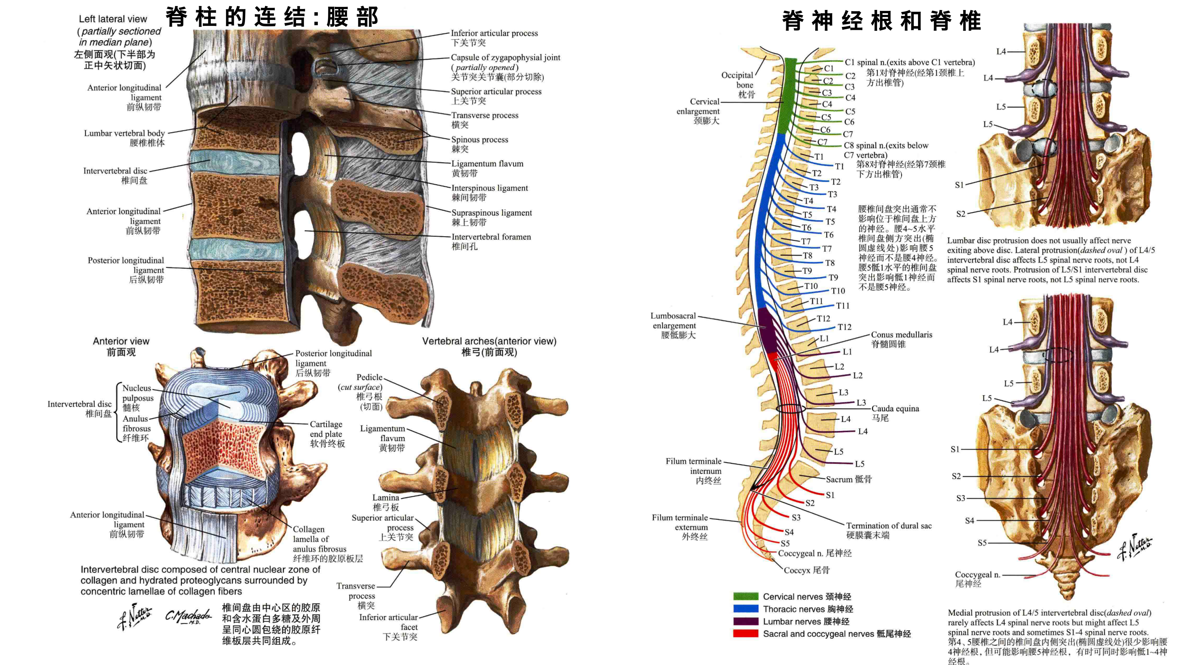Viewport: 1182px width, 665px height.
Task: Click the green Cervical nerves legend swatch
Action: pos(746,596)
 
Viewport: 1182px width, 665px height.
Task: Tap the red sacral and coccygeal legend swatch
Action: pos(746,633)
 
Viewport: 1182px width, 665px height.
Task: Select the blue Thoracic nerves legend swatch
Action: pos(746,608)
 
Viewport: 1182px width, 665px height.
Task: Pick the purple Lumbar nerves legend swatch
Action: pos(746,621)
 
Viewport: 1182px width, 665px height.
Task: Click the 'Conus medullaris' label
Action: pos(902,334)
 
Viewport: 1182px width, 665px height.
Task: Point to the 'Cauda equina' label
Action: pos(895,408)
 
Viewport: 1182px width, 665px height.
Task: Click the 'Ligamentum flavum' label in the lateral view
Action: pos(487,163)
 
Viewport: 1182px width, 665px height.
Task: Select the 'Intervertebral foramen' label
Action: pos(491,237)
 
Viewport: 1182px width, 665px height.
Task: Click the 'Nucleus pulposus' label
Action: pos(138,393)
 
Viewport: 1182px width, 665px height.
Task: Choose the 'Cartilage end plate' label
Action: pos(326,429)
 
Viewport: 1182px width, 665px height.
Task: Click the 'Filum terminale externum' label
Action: pos(680,522)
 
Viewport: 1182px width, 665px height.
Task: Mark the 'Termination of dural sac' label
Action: pos(889,525)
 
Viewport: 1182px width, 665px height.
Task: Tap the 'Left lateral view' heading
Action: pos(113,19)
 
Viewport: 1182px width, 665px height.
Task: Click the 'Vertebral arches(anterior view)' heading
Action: pos(489,341)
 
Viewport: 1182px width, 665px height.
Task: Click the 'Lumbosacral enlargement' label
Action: pos(673,320)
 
